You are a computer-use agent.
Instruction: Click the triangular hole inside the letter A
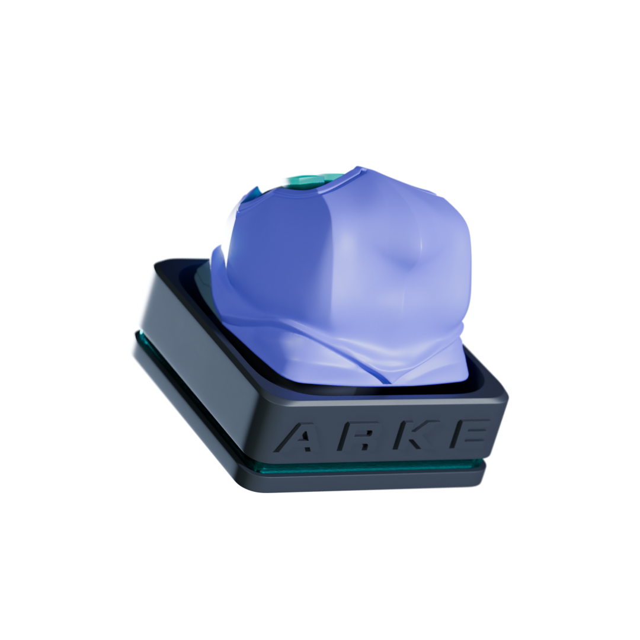[x=303, y=437]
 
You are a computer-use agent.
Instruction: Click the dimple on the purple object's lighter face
[x=402, y=261]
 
